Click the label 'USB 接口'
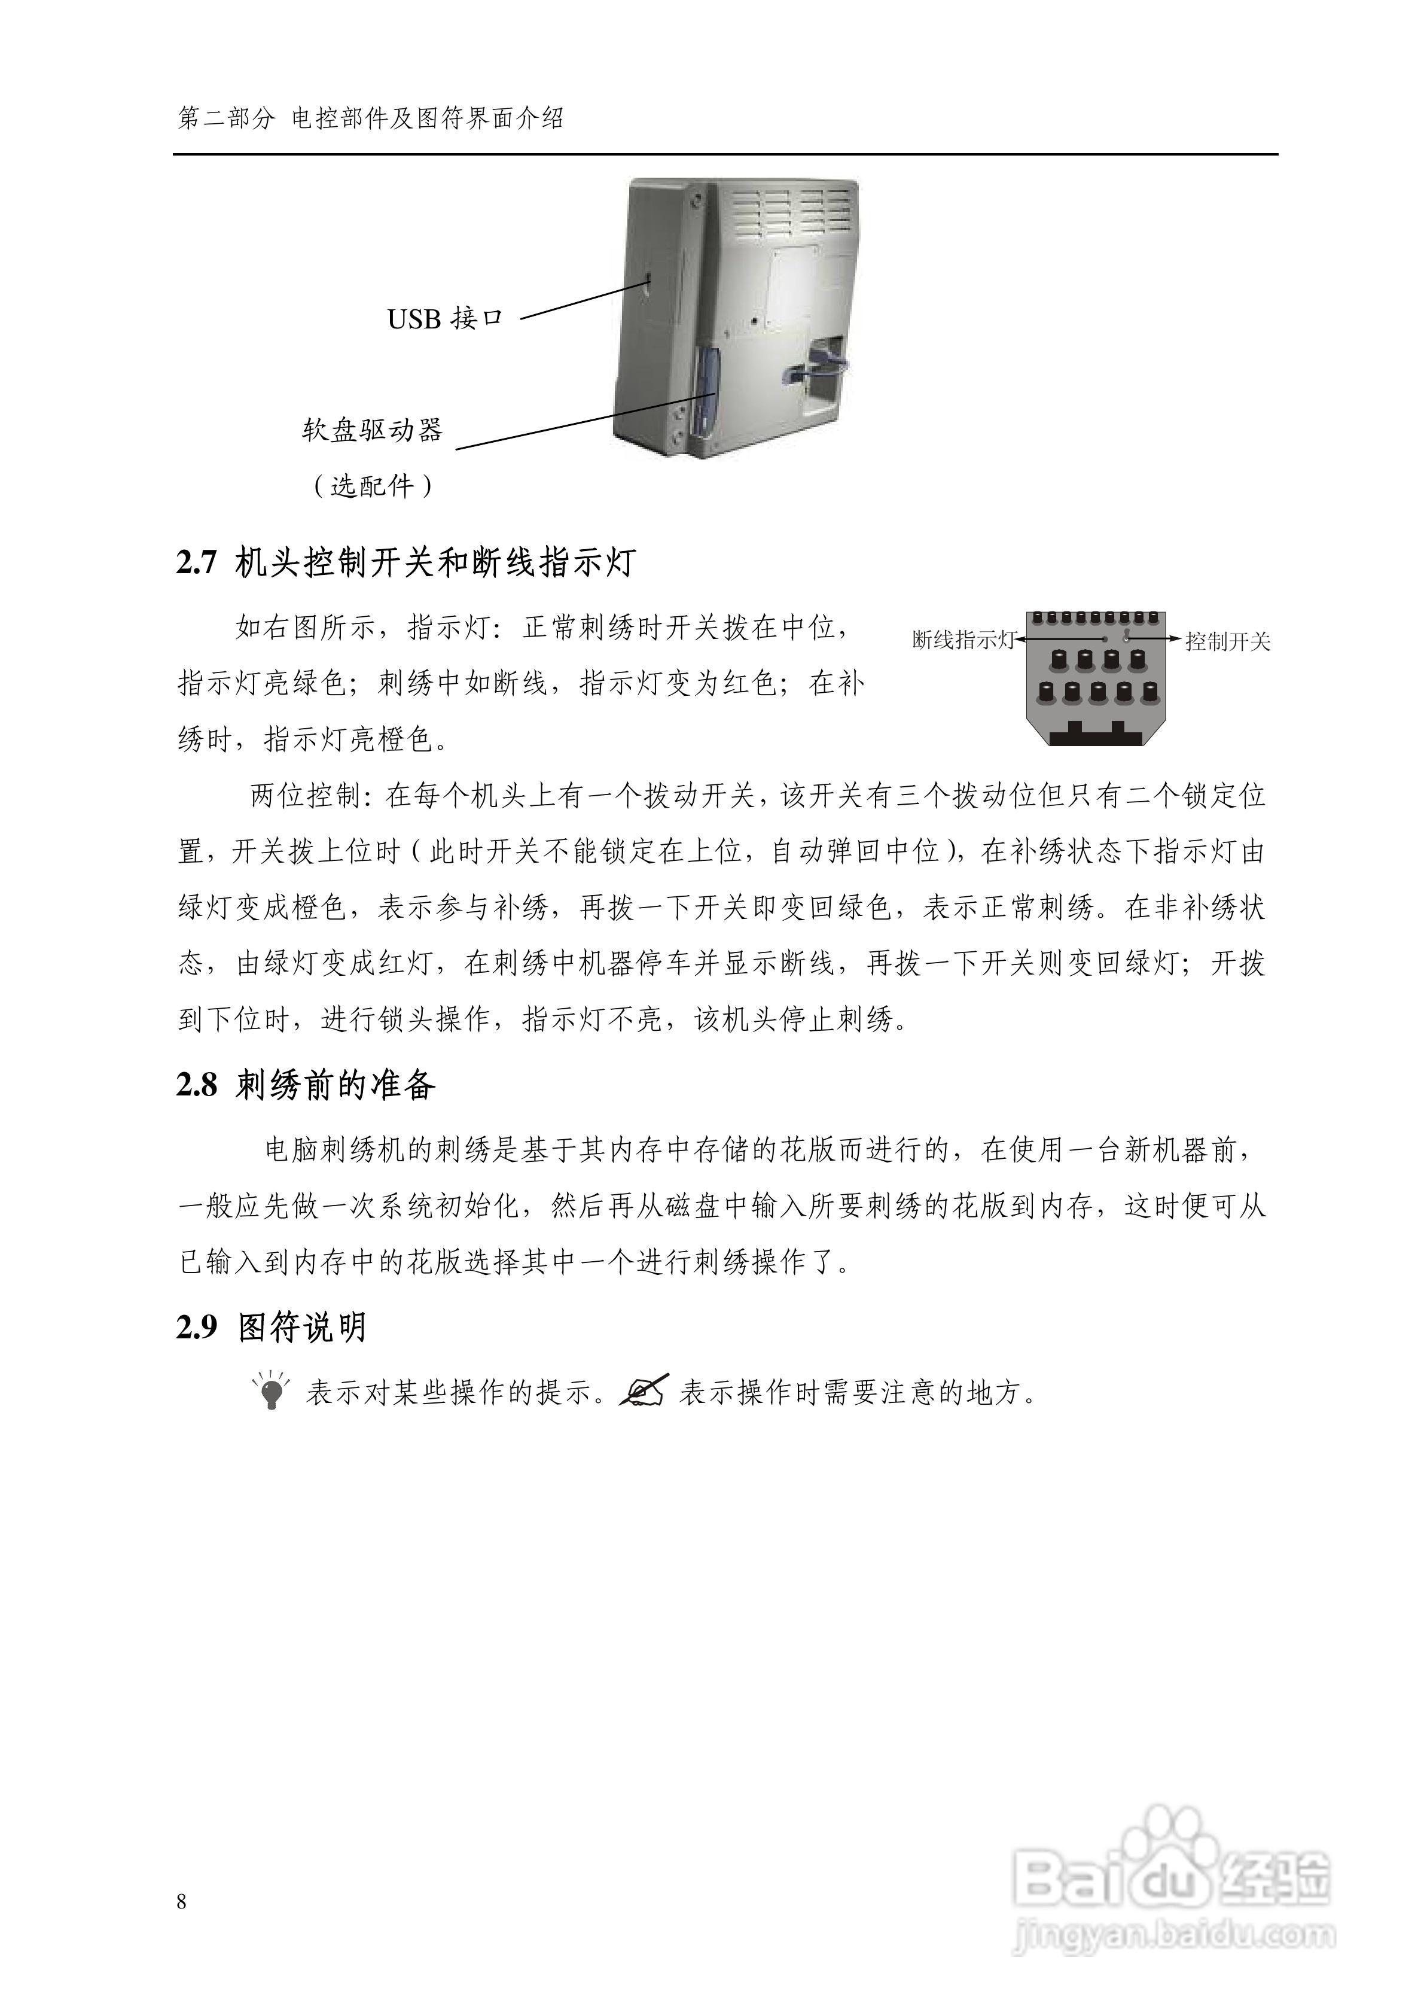point(445,318)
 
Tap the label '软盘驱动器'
point(373,430)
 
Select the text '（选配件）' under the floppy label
point(373,485)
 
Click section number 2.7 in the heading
point(197,562)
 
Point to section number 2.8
point(197,1086)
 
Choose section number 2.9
point(197,1327)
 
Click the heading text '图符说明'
point(302,1327)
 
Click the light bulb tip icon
point(271,1390)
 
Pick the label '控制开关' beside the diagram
point(1227,641)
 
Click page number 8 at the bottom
point(182,1902)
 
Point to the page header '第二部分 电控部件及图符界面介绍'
point(370,118)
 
